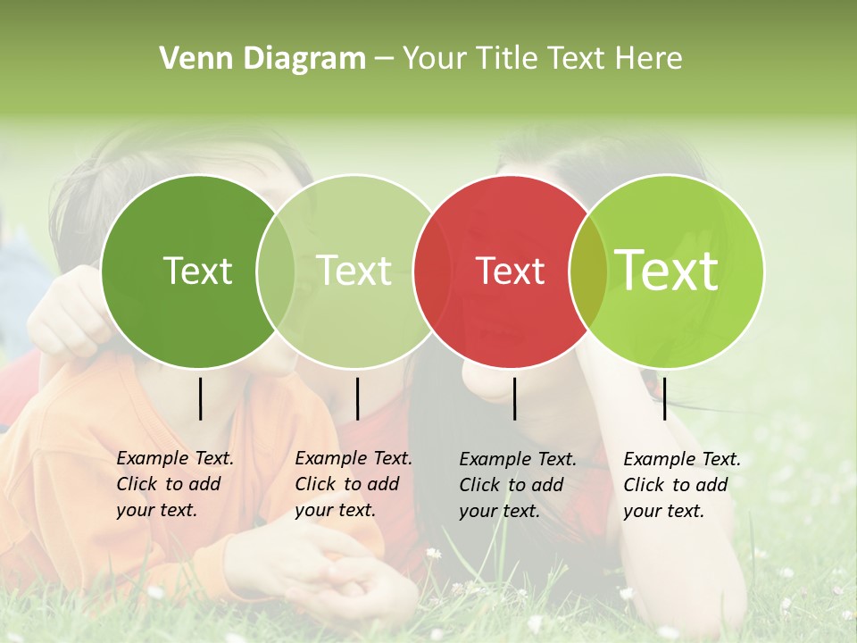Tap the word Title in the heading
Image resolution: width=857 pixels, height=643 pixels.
tap(505, 59)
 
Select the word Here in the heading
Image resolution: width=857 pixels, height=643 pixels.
tap(648, 59)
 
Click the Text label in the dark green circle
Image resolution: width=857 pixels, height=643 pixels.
tap(197, 271)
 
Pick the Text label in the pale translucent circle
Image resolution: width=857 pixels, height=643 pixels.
tap(354, 271)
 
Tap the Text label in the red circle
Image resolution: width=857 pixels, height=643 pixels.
tap(510, 271)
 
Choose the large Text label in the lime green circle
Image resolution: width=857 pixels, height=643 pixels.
tap(667, 270)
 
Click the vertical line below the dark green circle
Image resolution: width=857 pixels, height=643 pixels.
tap(200, 398)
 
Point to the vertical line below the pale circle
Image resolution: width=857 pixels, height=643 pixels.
tap(357, 398)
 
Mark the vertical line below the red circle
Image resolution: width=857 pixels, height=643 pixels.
tap(514, 398)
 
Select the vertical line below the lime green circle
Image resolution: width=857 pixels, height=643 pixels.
tap(664, 398)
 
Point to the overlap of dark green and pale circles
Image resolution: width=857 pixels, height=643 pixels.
tap(276, 271)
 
